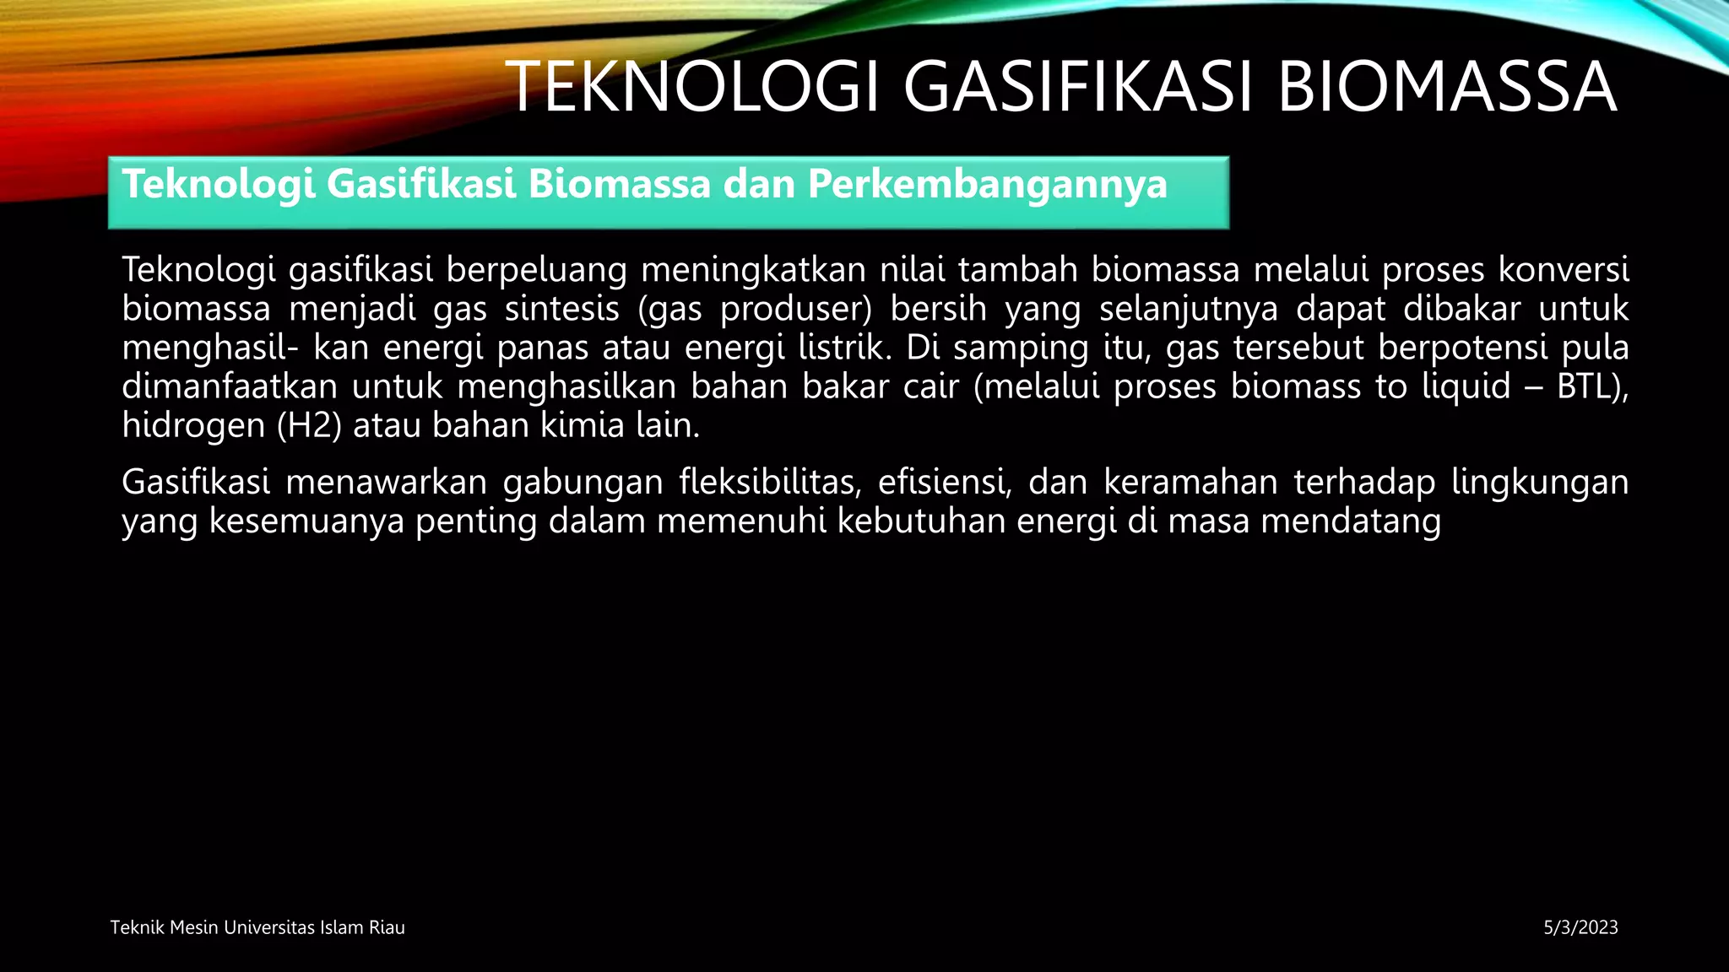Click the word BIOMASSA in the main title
[1446, 87]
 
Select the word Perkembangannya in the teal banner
[987, 185]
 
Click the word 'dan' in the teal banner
[759, 184]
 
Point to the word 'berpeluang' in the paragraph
[536, 270]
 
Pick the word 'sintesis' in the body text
[561, 309]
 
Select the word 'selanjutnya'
[1188, 309]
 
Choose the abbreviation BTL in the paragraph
[1588, 386]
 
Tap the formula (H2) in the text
[309, 425]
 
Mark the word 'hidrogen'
[193, 425]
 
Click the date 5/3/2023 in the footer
[1580, 928]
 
